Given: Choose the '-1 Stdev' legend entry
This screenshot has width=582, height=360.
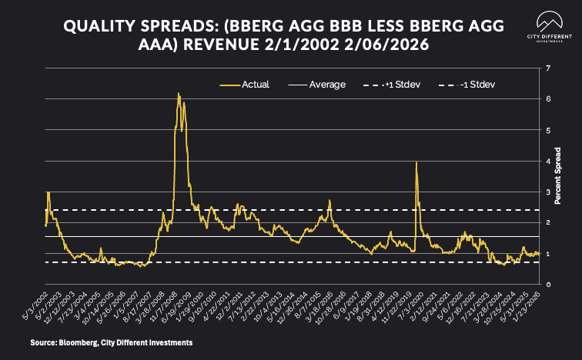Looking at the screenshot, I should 478,84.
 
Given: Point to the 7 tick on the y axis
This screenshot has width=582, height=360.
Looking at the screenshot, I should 547,68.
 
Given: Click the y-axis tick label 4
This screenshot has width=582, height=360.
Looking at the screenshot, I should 547,162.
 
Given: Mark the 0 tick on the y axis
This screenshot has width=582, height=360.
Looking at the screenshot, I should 547,285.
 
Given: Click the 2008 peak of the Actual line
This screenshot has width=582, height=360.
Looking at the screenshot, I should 179,94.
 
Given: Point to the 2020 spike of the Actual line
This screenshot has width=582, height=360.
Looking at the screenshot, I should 416,162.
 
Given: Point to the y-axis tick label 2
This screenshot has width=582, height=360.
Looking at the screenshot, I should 547,223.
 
